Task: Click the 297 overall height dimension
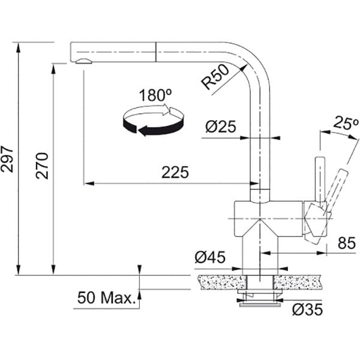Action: [x=7, y=159]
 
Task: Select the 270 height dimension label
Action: [x=42, y=166]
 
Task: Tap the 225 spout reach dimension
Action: [x=175, y=172]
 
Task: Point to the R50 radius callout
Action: [x=215, y=76]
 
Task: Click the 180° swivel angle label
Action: [x=155, y=95]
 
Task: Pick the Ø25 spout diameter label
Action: [x=221, y=127]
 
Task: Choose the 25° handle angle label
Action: [x=346, y=123]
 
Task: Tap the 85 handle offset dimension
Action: [x=347, y=243]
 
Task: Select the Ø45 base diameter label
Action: [x=210, y=257]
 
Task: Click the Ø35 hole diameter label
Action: [x=308, y=310]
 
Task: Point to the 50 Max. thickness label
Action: [x=107, y=298]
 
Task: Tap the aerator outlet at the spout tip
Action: [x=83, y=61]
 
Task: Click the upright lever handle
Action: [x=320, y=179]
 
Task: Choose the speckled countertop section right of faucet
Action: [x=297, y=282]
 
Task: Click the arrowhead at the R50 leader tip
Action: [x=245, y=67]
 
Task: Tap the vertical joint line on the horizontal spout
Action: [x=156, y=52]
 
